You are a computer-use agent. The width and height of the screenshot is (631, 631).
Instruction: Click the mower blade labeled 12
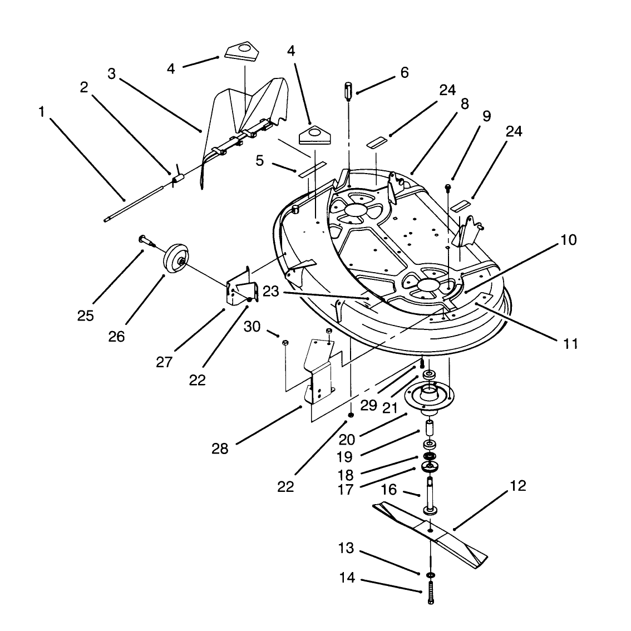pyautogui.click(x=430, y=534)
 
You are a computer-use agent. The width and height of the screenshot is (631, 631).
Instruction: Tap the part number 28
pyautogui.click(x=220, y=448)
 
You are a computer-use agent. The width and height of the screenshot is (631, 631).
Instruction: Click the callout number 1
pyautogui.click(x=41, y=112)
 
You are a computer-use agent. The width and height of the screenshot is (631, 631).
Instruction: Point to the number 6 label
pyautogui.click(x=404, y=72)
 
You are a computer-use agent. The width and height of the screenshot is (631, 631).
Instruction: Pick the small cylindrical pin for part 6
pyautogui.click(x=348, y=92)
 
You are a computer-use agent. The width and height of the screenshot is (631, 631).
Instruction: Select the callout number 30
pyautogui.click(x=252, y=327)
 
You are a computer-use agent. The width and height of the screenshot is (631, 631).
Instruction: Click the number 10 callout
pyautogui.click(x=569, y=240)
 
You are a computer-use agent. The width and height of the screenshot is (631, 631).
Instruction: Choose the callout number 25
pyautogui.click(x=85, y=316)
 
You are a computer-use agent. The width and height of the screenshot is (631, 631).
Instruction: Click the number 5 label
pyautogui.click(x=259, y=161)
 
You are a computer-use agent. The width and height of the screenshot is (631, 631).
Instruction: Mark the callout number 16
pyautogui.click(x=389, y=490)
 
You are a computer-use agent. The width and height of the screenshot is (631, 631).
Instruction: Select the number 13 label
pyautogui.click(x=346, y=548)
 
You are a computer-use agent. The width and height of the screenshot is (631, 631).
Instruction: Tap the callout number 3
pyautogui.click(x=111, y=74)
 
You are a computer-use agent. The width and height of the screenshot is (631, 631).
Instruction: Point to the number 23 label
pyautogui.click(x=270, y=292)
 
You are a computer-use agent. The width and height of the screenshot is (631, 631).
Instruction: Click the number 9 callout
pyautogui.click(x=486, y=116)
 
